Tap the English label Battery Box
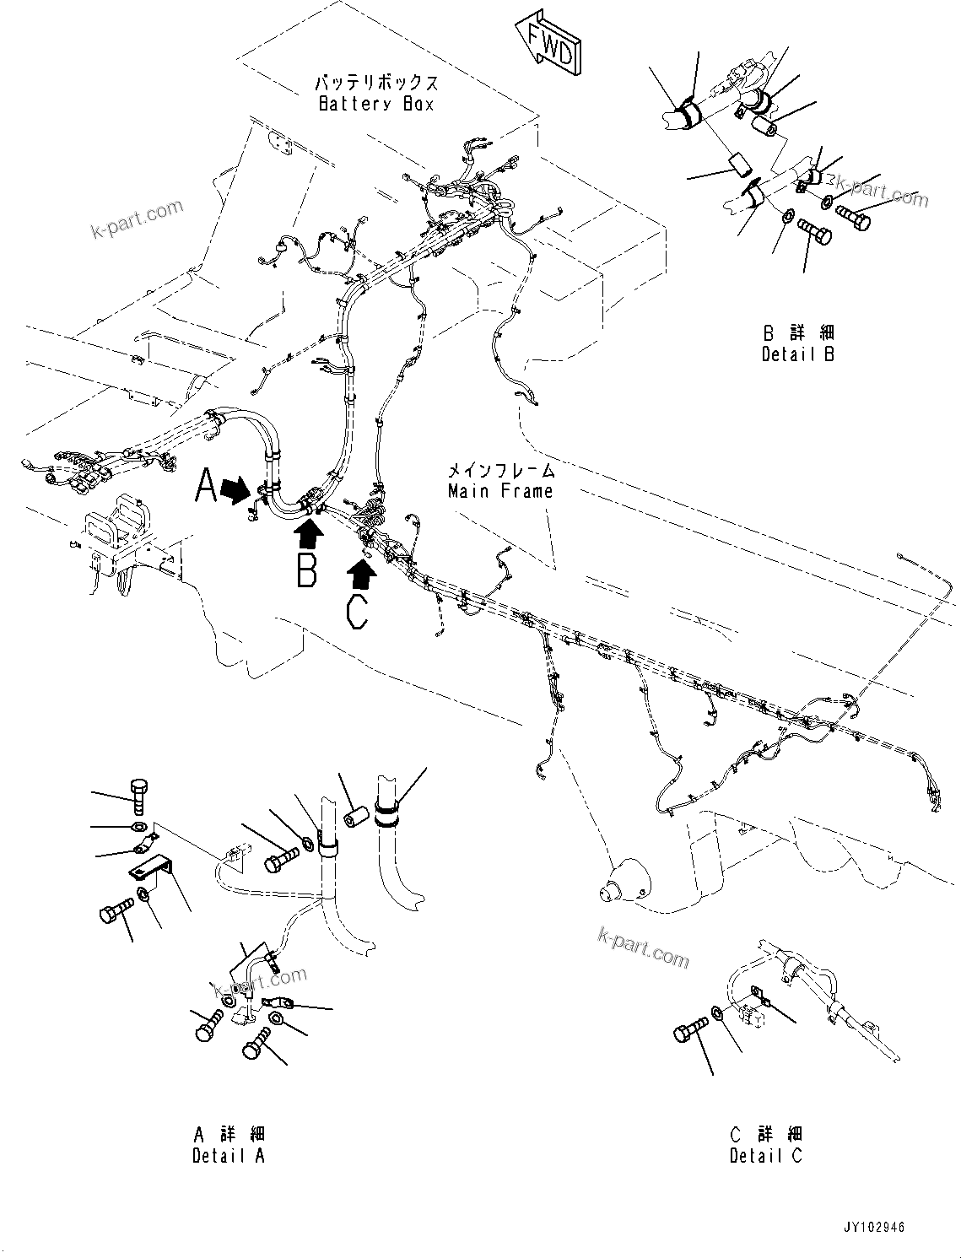(376, 104)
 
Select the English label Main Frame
(500, 491)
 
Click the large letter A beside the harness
(207, 487)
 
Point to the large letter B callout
(307, 569)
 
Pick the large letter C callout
(358, 611)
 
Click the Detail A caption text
(229, 1156)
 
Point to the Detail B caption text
(797, 354)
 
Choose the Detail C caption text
(766, 1156)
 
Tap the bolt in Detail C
(691, 1031)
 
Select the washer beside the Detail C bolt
(716, 1012)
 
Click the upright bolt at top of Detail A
(139, 794)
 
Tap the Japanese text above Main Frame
(500, 471)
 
